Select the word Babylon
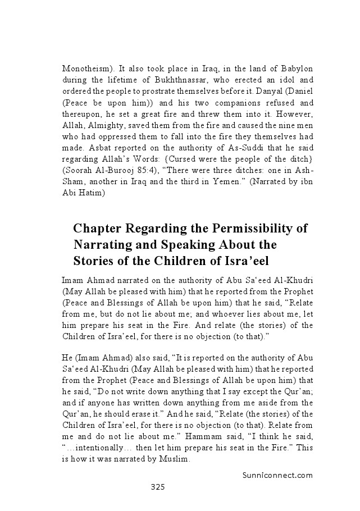coord(295,69)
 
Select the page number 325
coord(157,487)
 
